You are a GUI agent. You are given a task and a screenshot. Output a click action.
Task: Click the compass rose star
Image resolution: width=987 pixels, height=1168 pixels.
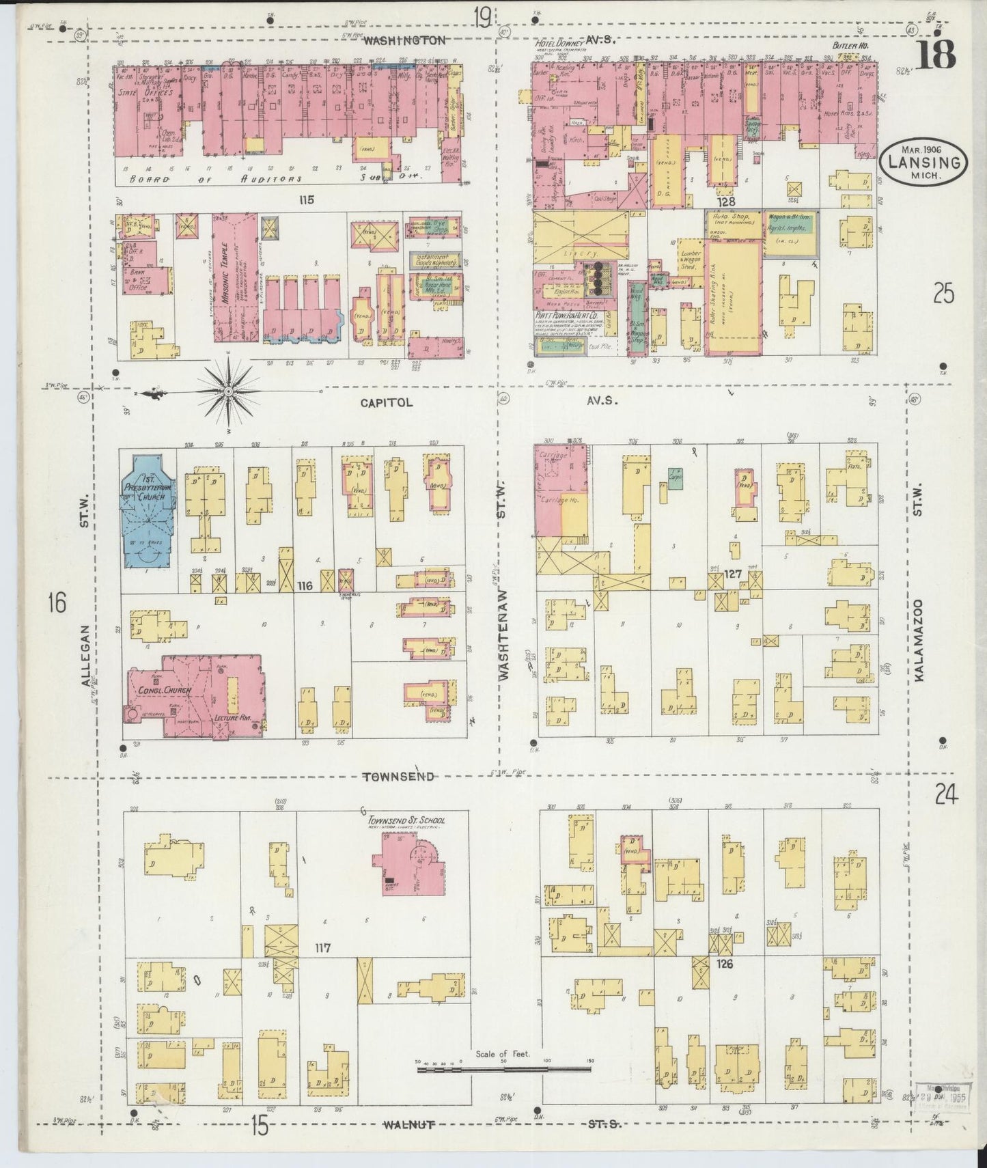[228, 391]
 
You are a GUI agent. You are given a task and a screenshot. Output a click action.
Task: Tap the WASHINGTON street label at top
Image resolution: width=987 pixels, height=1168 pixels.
[404, 40]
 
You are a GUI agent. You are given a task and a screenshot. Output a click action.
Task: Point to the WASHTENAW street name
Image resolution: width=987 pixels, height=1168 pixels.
[503, 633]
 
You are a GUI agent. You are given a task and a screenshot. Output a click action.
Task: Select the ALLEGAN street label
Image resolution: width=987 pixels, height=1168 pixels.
[85, 656]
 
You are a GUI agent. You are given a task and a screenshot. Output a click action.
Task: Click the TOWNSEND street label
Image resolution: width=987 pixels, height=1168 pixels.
[399, 777]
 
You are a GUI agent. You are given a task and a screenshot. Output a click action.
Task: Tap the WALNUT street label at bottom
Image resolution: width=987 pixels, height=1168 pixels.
[409, 1124]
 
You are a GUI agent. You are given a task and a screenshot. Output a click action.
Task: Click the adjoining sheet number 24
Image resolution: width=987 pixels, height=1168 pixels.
[946, 795]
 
